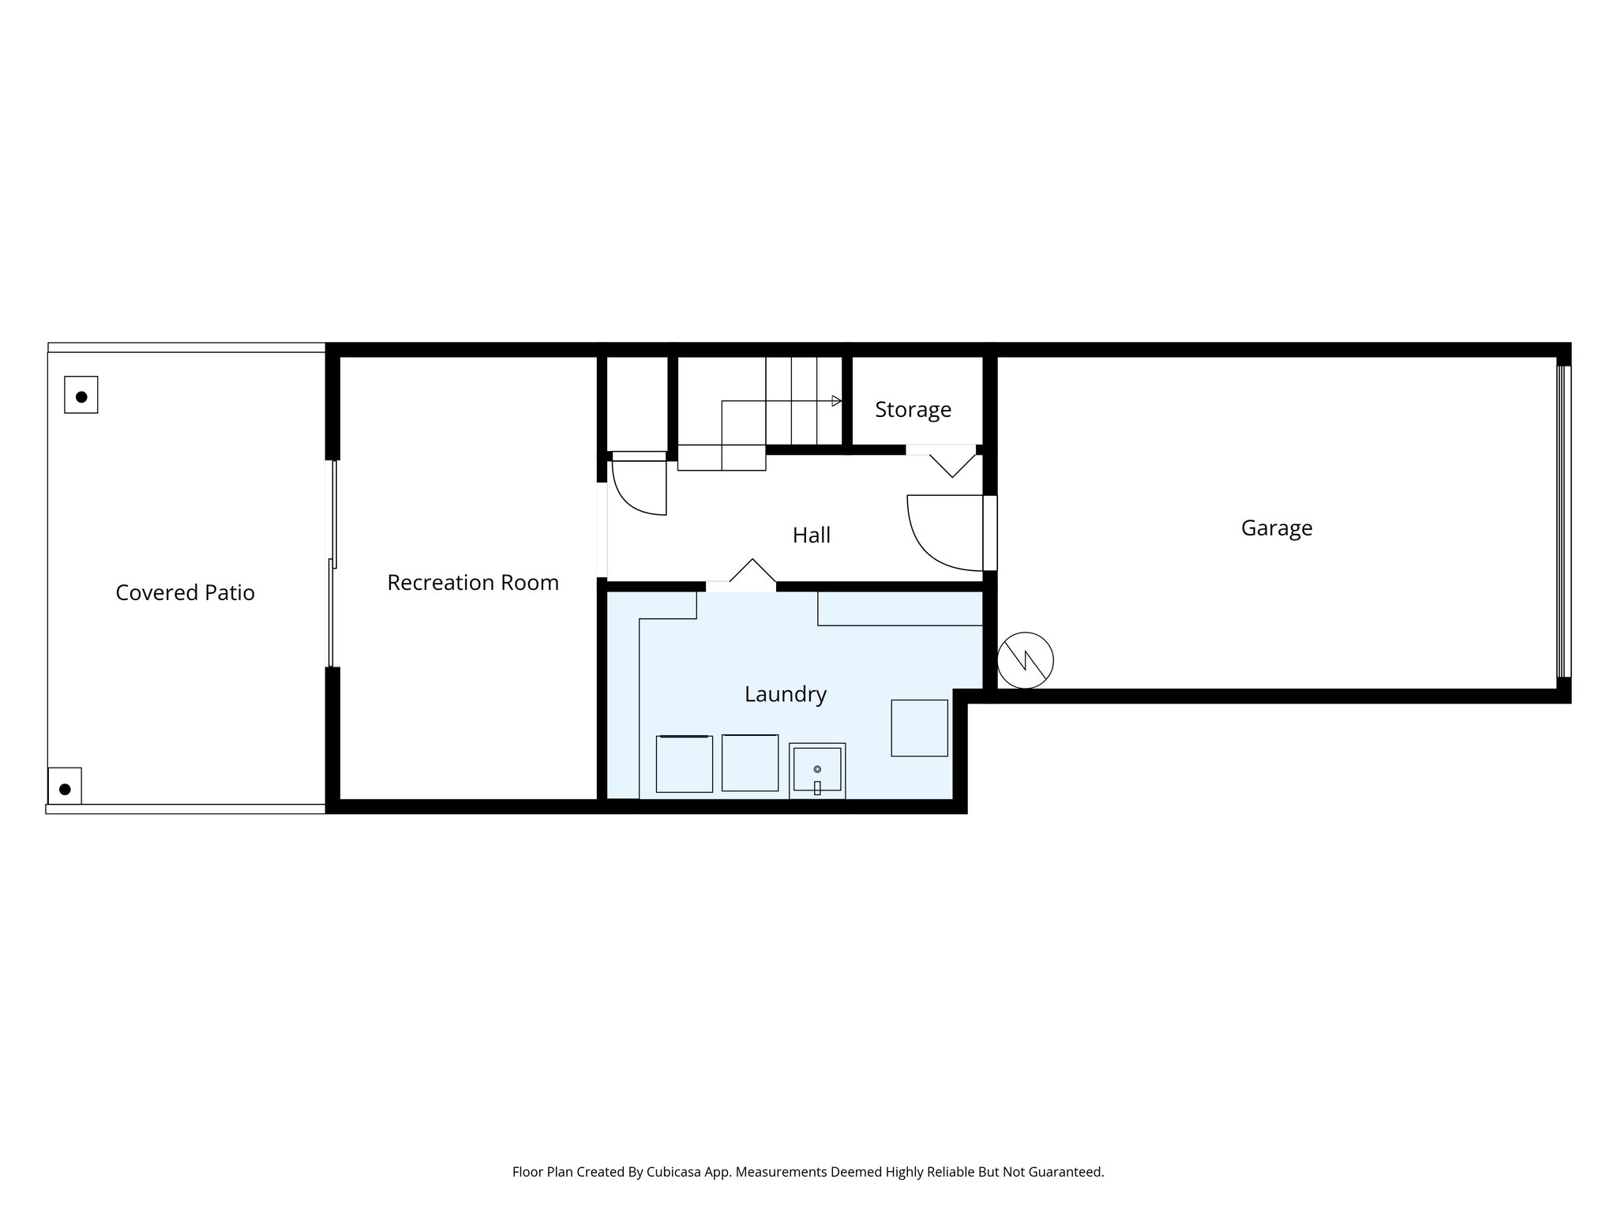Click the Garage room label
(x=1276, y=528)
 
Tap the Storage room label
(x=913, y=409)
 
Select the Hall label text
(x=811, y=535)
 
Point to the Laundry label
(x=785, y=694)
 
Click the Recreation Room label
(x=472, y=582)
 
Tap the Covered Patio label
(x=185, y=592)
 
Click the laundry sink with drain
(x=817, y=771)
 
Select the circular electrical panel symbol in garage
(x=1025, y=659)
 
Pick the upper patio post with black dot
(x=81, y=396)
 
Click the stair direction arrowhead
(x=836, y=401)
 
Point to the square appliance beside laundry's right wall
(x=919, y=727)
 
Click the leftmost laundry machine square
(x=684, y=764)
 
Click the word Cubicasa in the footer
(x=675, y=1172)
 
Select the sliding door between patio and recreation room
(x=332, y=564)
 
